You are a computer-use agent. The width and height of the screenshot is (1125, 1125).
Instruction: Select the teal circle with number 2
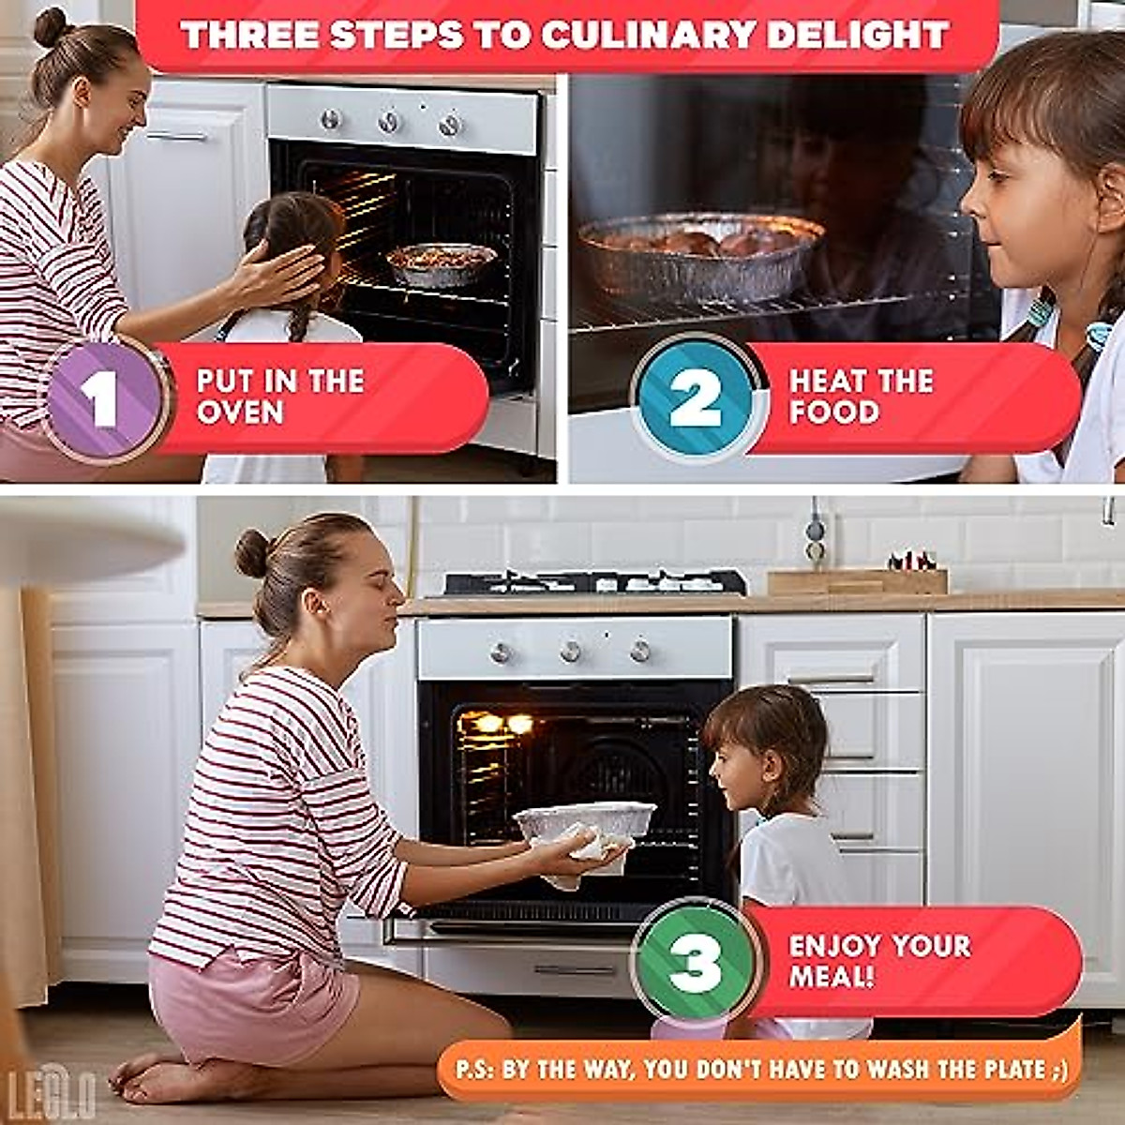point(695,398)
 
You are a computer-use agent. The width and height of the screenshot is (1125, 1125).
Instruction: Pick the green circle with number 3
point(696,962)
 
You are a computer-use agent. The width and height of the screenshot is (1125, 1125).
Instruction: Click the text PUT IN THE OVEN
point(279,397)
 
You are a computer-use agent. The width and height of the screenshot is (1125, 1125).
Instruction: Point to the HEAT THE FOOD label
point(861,397)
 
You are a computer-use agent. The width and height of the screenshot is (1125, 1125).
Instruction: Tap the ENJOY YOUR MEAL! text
point(878,960)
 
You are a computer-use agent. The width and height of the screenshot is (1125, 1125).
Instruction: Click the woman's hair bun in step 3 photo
point(252,553)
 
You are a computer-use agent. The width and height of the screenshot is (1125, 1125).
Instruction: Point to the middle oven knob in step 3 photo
point(570,652)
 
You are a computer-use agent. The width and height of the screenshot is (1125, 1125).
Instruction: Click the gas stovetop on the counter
point(594,582)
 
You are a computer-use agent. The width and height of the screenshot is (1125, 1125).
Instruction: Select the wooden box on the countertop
point(857,581)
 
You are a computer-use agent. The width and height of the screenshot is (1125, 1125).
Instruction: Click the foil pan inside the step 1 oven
point(442,262)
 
